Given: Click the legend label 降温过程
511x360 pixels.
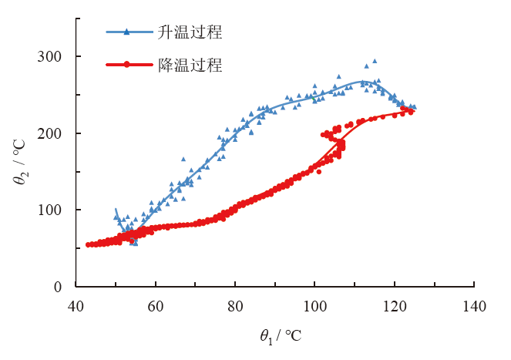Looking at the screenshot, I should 190,66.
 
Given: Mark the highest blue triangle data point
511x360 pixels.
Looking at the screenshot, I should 375,61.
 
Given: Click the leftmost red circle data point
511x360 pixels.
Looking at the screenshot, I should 89,244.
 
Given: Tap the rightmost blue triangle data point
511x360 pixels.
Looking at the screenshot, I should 414,107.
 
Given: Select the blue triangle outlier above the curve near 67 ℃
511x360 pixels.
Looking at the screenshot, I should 183,159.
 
